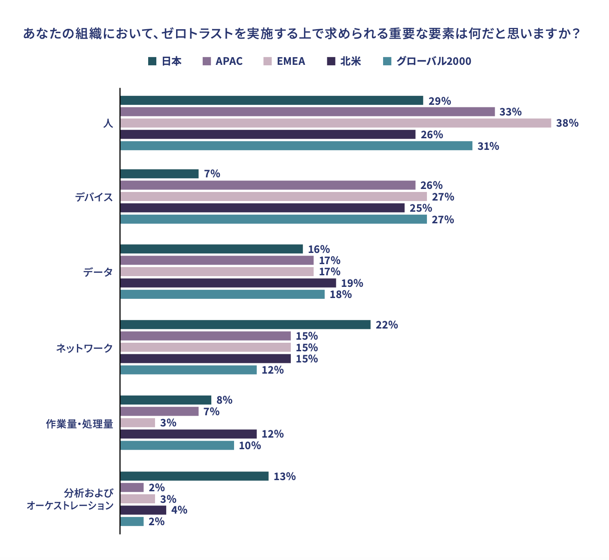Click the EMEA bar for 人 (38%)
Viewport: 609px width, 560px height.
tap(335, 123)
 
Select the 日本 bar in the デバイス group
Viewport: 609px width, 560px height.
tap(159, 174)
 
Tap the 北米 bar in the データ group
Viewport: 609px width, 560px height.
tap(228, 283)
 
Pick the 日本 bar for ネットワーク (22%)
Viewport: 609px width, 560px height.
tap(245, 325)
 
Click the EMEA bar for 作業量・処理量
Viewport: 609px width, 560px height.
tap(138, 423)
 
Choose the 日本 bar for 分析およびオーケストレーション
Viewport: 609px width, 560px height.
tap(194, 476)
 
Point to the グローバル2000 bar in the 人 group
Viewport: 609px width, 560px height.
tap(296, 146)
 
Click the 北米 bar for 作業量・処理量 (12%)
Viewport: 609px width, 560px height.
tap(189, 434)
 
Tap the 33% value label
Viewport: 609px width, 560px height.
tap(510, 112)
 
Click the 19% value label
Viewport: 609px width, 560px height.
tap(352, 283)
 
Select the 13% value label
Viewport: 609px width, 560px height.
tap(284, 477)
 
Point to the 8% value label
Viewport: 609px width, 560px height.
tap(224, 400)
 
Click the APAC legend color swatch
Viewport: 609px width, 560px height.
tap(206, 61)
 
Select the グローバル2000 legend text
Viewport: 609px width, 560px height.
tap(433, 61)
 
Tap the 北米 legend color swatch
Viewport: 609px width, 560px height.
tap(331, 61)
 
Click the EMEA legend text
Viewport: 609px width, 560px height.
tap(291, 61)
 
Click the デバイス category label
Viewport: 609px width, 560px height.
tap(94, 197)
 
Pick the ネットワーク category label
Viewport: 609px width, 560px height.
tap(85, 348)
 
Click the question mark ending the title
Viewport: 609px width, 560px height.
tap(577, 33)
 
